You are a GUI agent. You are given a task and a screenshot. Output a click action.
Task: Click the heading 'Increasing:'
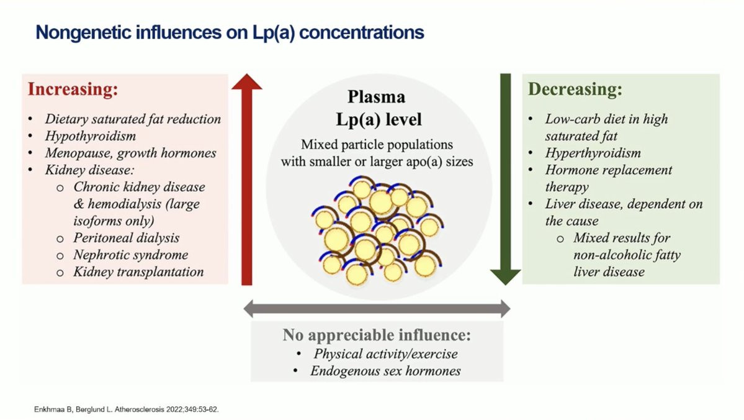pos(72,89)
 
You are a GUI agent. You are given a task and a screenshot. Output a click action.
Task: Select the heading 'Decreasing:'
pos(575,89)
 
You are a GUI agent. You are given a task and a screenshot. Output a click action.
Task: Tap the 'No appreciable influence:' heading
pos(377,336)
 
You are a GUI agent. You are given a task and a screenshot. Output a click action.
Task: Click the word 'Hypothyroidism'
pos(90,135)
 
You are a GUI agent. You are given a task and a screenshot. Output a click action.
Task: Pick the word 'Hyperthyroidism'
pos(593,153)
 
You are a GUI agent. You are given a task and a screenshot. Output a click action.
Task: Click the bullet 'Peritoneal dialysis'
pos(126,238)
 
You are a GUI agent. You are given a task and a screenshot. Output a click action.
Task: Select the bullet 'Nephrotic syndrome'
pos(130,255)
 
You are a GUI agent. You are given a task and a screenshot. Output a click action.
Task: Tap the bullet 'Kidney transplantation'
pos(138,272)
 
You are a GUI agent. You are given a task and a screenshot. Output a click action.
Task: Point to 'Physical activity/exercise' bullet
pos(385,354)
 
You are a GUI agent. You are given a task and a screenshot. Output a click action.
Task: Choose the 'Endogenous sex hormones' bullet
pos(385,371)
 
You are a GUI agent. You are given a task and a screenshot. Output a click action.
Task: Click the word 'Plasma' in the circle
pos(376,97)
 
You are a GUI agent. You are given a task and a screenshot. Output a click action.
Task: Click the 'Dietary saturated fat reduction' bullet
pos(132,119)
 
